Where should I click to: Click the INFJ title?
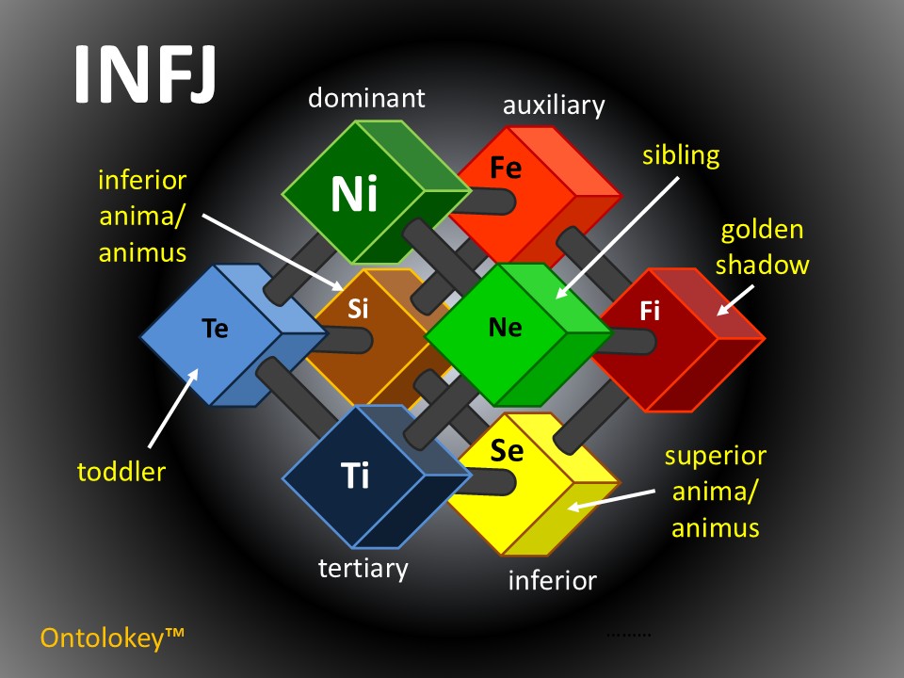point(145,73)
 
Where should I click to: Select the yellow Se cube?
point(527,480)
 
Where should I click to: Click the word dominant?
point(367,97)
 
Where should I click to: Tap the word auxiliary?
point(554,105)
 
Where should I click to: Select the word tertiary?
point(363,569)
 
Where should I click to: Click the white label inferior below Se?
point(552,580)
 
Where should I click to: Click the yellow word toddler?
point(121,471)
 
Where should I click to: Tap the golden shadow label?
point(762,248)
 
